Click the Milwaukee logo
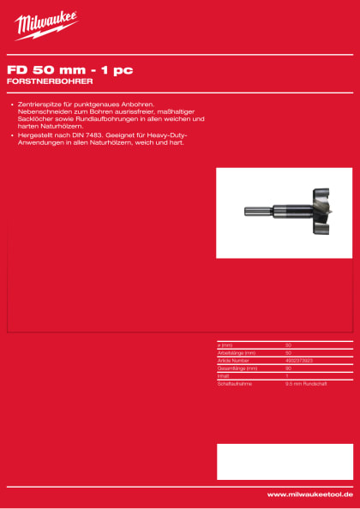[45, 26]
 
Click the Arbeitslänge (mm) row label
[238, 352]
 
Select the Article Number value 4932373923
[299, 360]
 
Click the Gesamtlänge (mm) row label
[239, 367]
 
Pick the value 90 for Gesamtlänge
[288, 367]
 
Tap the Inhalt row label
[224, 374]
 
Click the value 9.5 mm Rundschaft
[303, 382]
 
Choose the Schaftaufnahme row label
[234, 382]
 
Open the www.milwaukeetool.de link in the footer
[309, 494]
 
